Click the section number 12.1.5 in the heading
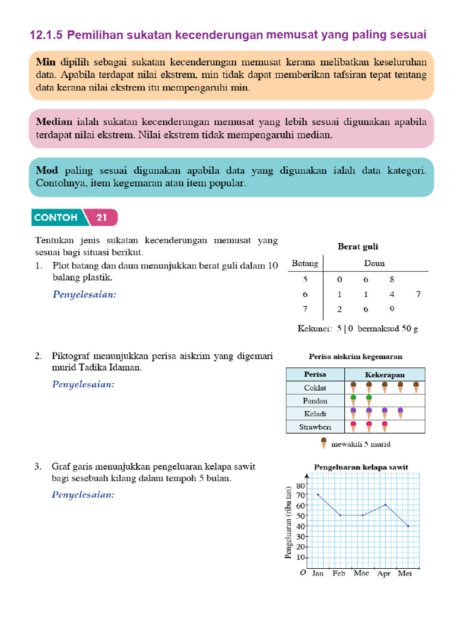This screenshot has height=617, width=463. coord(46,36)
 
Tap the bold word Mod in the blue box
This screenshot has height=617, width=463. coord(47,171)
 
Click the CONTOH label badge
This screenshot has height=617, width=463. coord(56,218)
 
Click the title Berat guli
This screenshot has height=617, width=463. coord(357,246)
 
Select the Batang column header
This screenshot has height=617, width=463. coord(305,263)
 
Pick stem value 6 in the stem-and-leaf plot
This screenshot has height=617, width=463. coord(305,295)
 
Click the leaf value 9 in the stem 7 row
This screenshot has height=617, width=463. coord(392,310)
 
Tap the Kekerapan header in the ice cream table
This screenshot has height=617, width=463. coord(385,374)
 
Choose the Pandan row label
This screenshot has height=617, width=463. coord(315,401)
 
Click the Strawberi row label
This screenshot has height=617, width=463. coord(315,427)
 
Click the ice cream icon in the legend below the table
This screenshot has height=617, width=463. coord(324,443)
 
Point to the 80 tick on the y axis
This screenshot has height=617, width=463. coord(301,485)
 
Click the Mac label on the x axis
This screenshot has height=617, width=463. coord(362,574)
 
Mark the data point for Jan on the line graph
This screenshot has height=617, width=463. coord(318,495)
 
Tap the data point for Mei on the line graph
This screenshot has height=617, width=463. coord(408,526)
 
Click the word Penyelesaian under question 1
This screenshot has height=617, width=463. coord(84,295)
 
